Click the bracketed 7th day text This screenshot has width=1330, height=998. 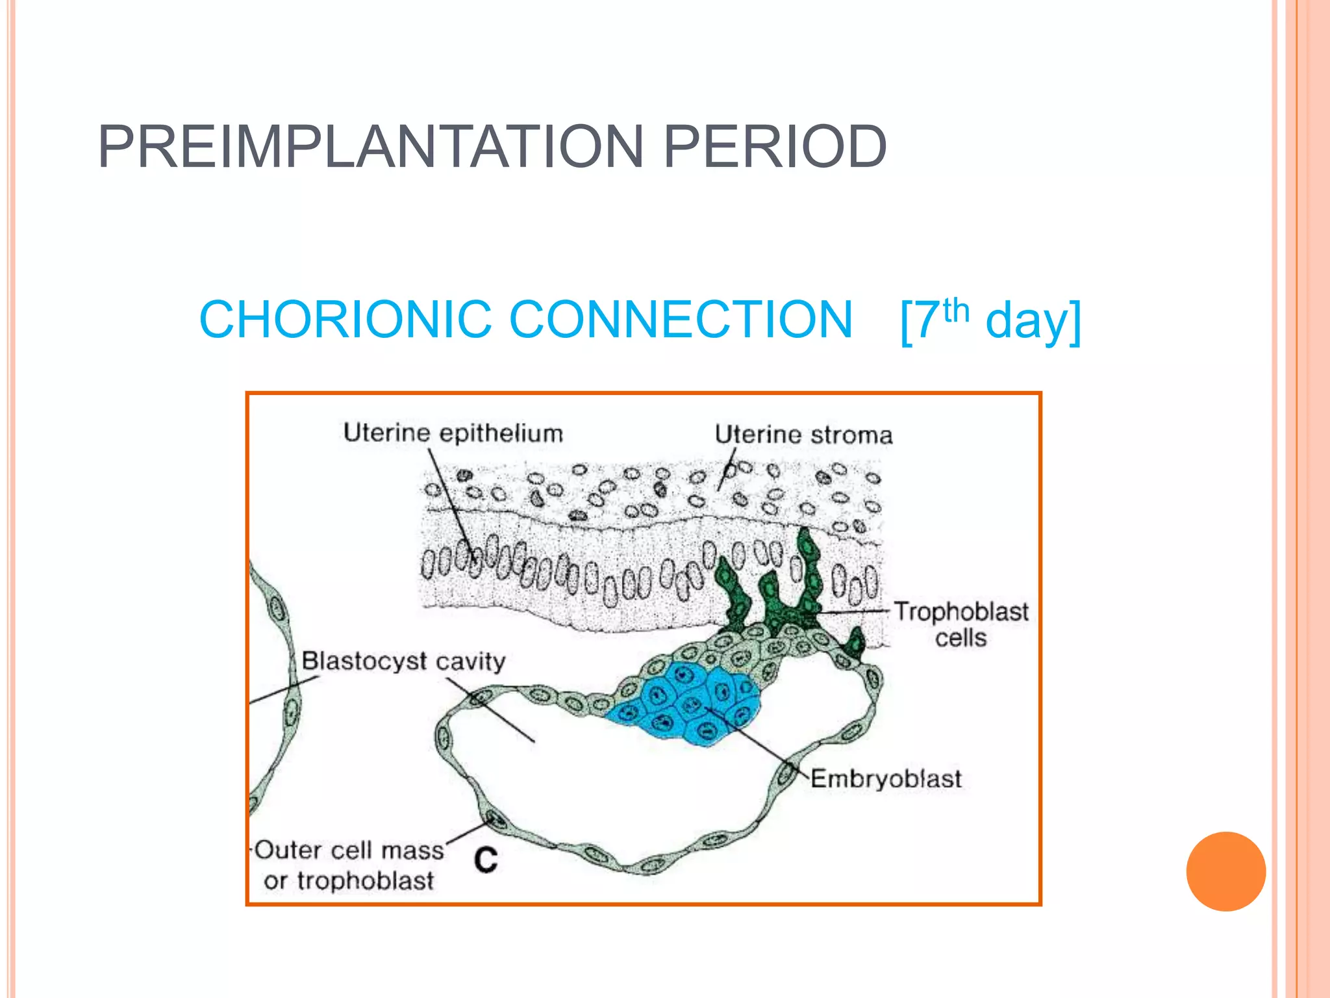click(x=990, y=320)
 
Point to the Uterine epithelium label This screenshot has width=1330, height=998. click(x=453, y=433)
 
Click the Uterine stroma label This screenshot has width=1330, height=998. click(x=803, y=435)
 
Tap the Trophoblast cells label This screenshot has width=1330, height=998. click(x=960, y=624)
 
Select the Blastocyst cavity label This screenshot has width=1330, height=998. click(x=403, y=661)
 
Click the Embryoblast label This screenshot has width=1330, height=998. click(x=886, y=778)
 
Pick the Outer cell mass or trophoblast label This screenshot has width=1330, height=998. click(x=349, y=865)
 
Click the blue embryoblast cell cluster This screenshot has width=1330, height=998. click(x=688, y=705)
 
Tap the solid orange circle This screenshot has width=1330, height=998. click(x=1225, y=871)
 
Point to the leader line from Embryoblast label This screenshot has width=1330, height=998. click(x=760, y=743)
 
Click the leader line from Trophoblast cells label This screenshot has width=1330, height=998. click(x=851, y=611)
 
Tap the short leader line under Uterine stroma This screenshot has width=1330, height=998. click(x=726, y=470)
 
